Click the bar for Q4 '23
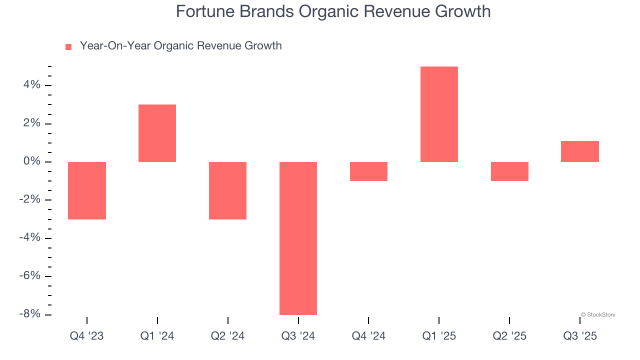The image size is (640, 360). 87,190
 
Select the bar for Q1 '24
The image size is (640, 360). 157,133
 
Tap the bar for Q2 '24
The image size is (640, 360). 227,190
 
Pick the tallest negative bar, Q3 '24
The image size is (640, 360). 298,238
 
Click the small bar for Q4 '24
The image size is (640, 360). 368,171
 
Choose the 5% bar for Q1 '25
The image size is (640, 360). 439,114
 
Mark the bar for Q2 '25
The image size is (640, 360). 509,171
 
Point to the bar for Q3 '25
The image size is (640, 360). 580,151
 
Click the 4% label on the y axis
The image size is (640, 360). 31,85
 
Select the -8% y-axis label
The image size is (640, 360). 29,314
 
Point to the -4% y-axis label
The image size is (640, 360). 29,237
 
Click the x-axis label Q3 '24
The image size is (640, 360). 298,336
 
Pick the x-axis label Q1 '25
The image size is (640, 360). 439,336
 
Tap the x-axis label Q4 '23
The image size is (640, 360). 87,336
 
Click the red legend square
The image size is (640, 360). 68,47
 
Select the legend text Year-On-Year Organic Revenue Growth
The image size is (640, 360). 180,46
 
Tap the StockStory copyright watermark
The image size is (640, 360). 598,315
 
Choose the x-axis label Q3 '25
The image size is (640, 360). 580,336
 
